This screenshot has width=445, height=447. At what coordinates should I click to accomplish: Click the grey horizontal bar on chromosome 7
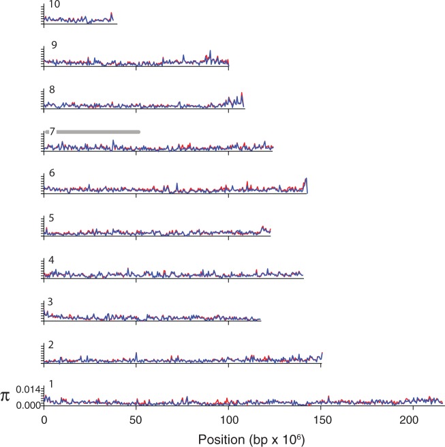pyautogui.click(x=98, y=132)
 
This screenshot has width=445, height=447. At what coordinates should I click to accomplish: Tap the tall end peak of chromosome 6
pyautogui.click(x=307, y=179)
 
